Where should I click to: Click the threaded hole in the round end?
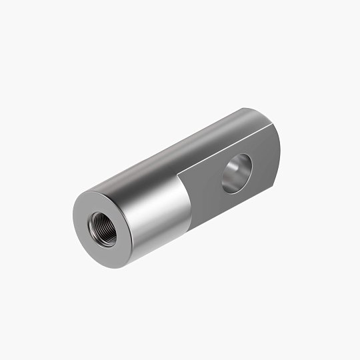pyautogui.click(x=101, y=226)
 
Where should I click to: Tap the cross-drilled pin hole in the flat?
pyautogui.click(x=237, y=174)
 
